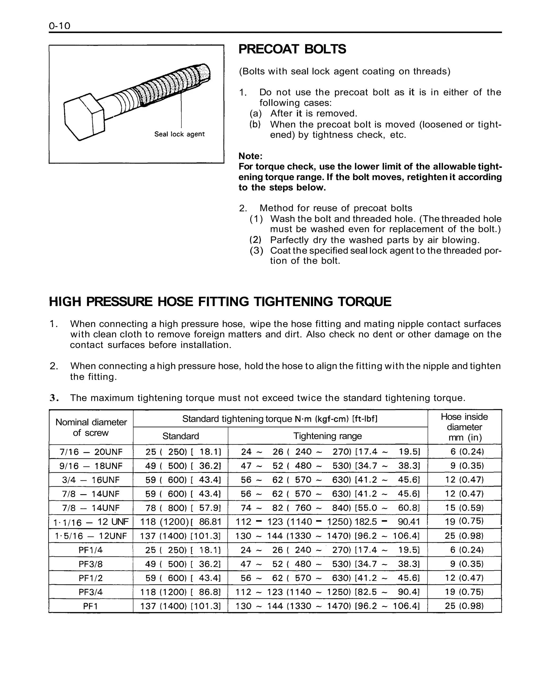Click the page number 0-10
(59, 26)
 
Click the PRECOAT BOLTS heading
(292, 49)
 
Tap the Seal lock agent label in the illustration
(179, 134)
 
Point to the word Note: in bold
(250, 156)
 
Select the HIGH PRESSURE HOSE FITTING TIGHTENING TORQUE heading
(220, 302)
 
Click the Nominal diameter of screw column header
(91, 427)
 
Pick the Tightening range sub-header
(328, 436)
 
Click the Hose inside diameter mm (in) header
(464, 427)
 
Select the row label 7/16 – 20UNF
(91, 452)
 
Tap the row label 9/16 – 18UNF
(91, 466)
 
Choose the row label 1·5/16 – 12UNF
(91, 536)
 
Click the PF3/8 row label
(91, 564)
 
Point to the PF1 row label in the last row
(91, 606)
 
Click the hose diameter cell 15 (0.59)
(464, 508)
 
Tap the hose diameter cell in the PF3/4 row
(464, 592)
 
